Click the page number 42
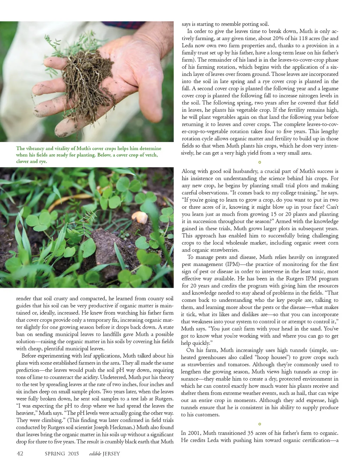(x=20, y=453)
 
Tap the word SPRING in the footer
(x=55, y=454)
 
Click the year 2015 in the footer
(x=73, y=454)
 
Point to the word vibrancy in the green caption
(x=36, y=148)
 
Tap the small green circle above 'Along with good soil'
(x=260, y=162)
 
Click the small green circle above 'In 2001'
(x=260, y=424)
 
